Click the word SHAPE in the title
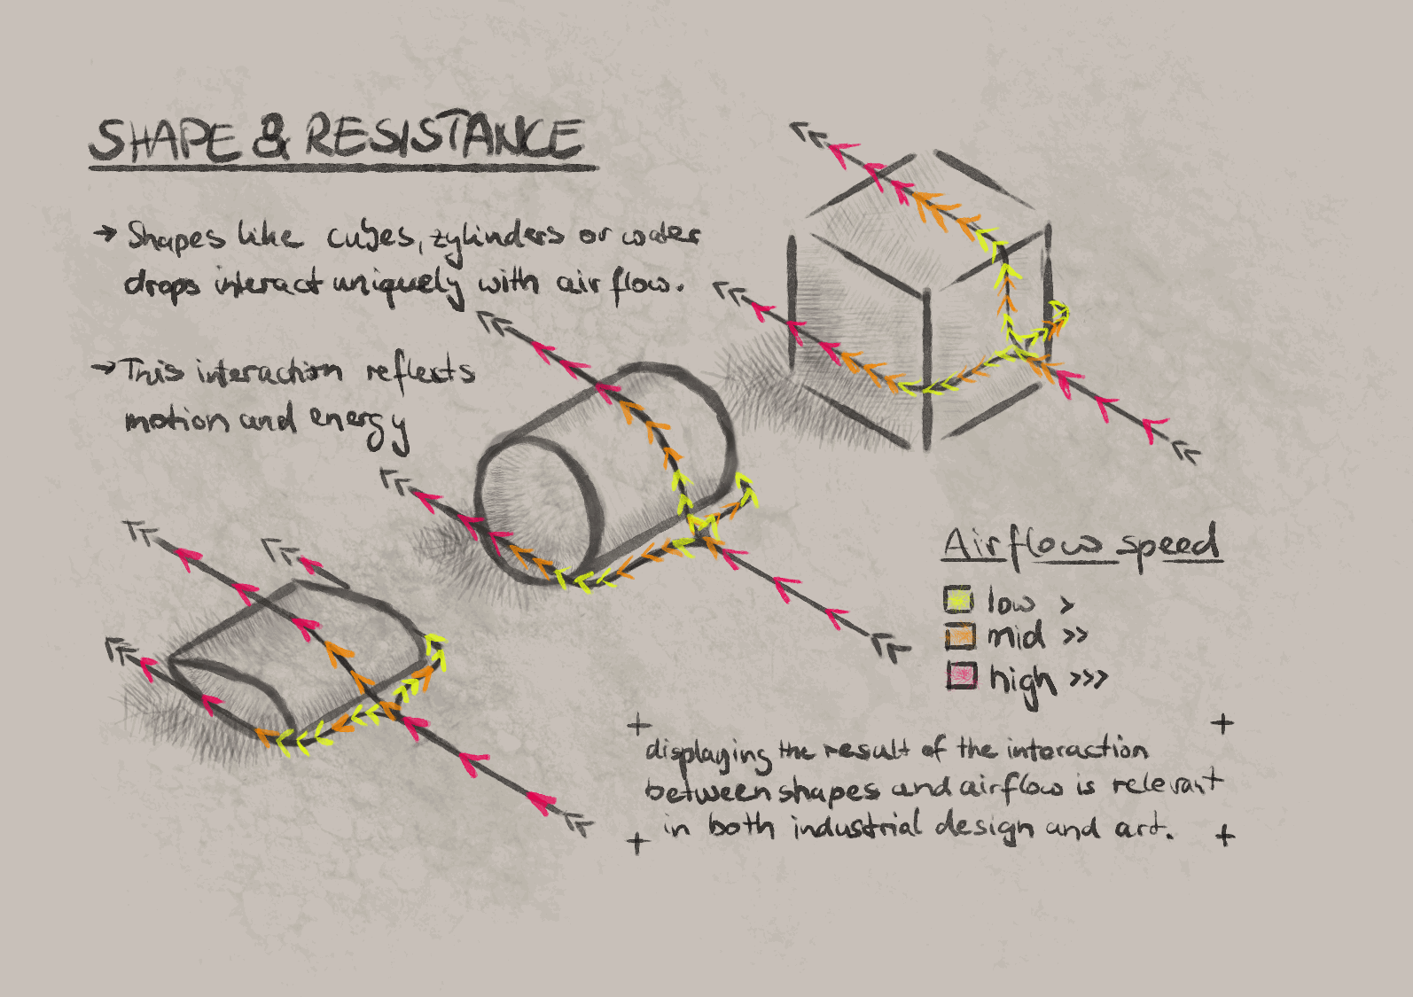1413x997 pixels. pyautogui.click(x=165, y=141)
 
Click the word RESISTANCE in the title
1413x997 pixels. pyautogui.click(x=443, y=138)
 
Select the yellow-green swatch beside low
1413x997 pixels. pyautogui.click(x=958, y=600)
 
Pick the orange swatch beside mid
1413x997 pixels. pyautogui.click(x=959, y=635)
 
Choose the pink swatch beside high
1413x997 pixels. pyautogui.click(x=961, y=676)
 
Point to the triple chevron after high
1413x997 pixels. pyautogui.click(x=1089, y=680)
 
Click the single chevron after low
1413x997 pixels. pyautogui.click(x=1067, y=604)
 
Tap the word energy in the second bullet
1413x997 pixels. pyautogui.click(x=359, y=423)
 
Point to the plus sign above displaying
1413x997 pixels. pyautogui.click(x=638, y=726)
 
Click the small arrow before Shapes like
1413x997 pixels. pyautogui.click(x=105, y=233)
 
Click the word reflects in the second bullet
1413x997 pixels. pyautogui.click(x=420, y=370)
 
